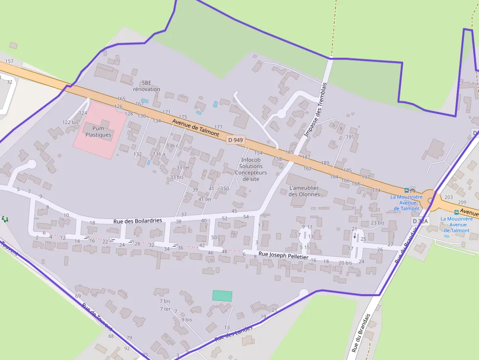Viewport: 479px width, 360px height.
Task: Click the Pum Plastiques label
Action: pyautogui.click(x=98, y=131)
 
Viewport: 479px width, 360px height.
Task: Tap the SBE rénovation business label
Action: pyautogui.click(x=147, y=86)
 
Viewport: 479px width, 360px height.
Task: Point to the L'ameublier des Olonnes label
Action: pyautogui.click(x=304, y=191)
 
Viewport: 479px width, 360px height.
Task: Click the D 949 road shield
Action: pyautogui.click(x=235, y=140)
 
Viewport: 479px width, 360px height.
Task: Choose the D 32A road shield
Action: pyautogui.click(x=420, y=221)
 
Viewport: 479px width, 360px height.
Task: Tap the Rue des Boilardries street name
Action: pyautogui.click(x=137, y=221)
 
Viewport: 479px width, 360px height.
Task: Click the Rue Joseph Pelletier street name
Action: pyautogui.click(x=283, y=255)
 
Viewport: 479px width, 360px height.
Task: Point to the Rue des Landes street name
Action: pyautogui.click(x=234, y=334)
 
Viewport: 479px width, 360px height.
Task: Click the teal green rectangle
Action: pyautogui.click(x=222, y=296)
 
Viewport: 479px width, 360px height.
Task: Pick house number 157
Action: pyautogui.click(x=9, y=61)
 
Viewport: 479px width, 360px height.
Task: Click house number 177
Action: pyautogui.click(x=218, y=127)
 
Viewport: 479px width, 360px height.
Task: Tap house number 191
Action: pyautogui.click(x=350, y=137)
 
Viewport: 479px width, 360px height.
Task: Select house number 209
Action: pyautogui.click(x=462, y=202)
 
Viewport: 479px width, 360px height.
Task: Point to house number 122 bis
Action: pyautogui.click(x=70, y=122)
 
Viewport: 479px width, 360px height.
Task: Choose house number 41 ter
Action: pyautogui.click(x=205, y=199)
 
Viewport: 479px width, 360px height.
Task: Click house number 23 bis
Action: pyautogui.click(x=377, y=223)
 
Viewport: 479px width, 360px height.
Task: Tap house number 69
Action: pyautogui.click(x=78, y=296)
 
